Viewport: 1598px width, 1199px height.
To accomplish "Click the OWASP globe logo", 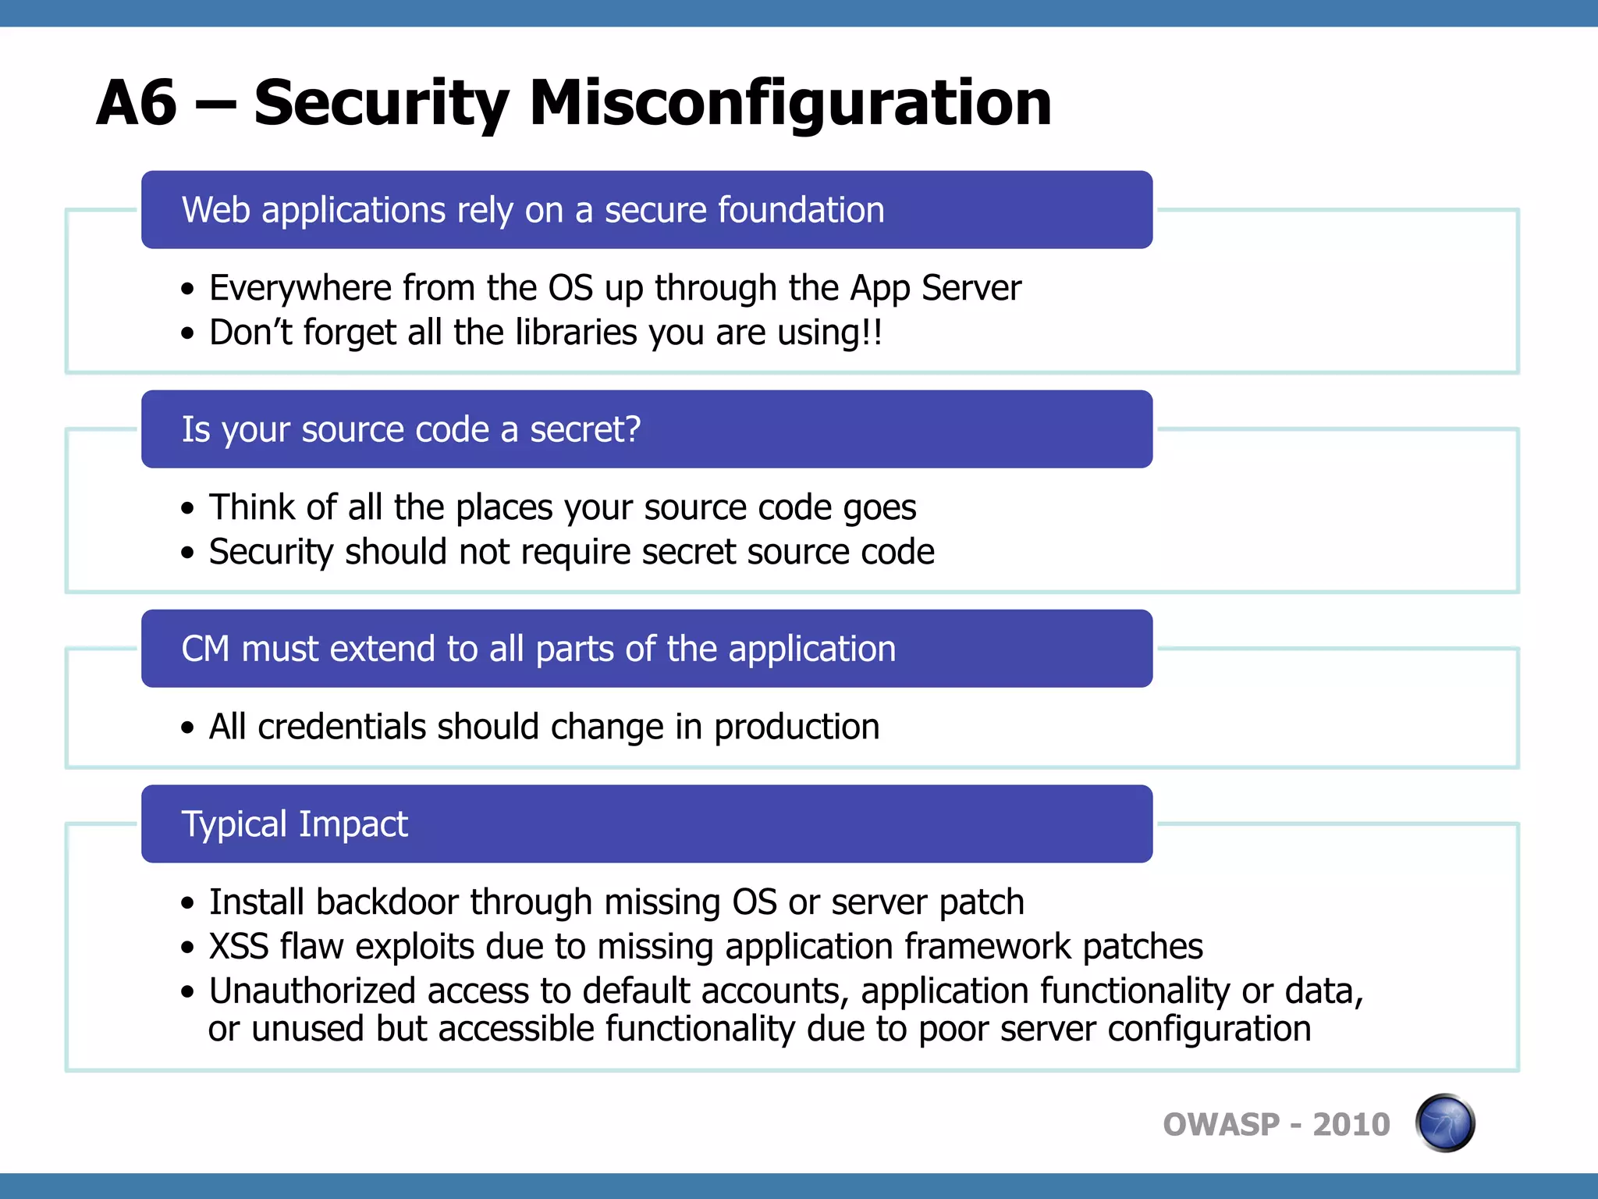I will pyautogui.click(x=1444, y=1123).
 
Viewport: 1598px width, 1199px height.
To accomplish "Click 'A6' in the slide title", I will pyautogui.click(x=137, y=103).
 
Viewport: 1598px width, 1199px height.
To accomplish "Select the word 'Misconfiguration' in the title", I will pyautogui.click(x=790, y=103).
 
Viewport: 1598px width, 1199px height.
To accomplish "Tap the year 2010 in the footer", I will pyautogui.click(x=1351, y=1125).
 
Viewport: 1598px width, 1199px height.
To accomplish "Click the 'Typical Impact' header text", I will pyautogui.click(x=295, y=824).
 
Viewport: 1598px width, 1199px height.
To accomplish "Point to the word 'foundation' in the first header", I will pyautogui.click(x=801, y=210).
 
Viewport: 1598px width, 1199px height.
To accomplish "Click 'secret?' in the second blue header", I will pyautogui.click(x=585, y=429).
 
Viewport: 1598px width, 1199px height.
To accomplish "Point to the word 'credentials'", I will pyautogui.click(x=342, y=727).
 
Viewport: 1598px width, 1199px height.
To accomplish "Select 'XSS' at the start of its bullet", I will pyautogui.click(x=239, y=947).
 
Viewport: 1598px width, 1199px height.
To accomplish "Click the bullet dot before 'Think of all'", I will pyautogui.click(x=187, y=509).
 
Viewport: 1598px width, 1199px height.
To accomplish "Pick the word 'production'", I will pyautogui.click(x=797, y=728).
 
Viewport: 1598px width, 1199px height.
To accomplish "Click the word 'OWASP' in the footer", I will pyautogui.click(x=1221, y=1125).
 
